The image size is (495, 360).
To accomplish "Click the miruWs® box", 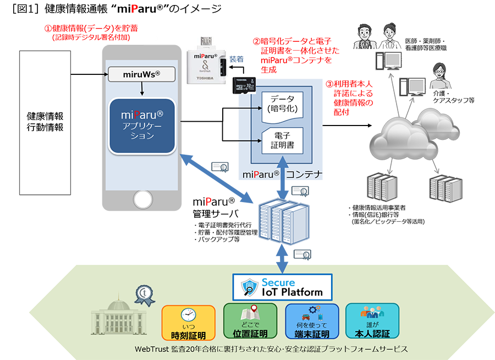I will (142, 73).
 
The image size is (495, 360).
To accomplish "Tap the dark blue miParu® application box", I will (142, 125).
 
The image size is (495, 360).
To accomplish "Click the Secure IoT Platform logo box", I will (283, 287).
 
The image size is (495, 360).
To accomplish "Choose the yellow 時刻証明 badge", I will (189, 321).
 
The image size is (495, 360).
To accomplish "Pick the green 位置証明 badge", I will (250, 321).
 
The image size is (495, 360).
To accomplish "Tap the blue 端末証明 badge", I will (311, 321).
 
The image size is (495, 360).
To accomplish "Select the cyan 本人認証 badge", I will (372, 321).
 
